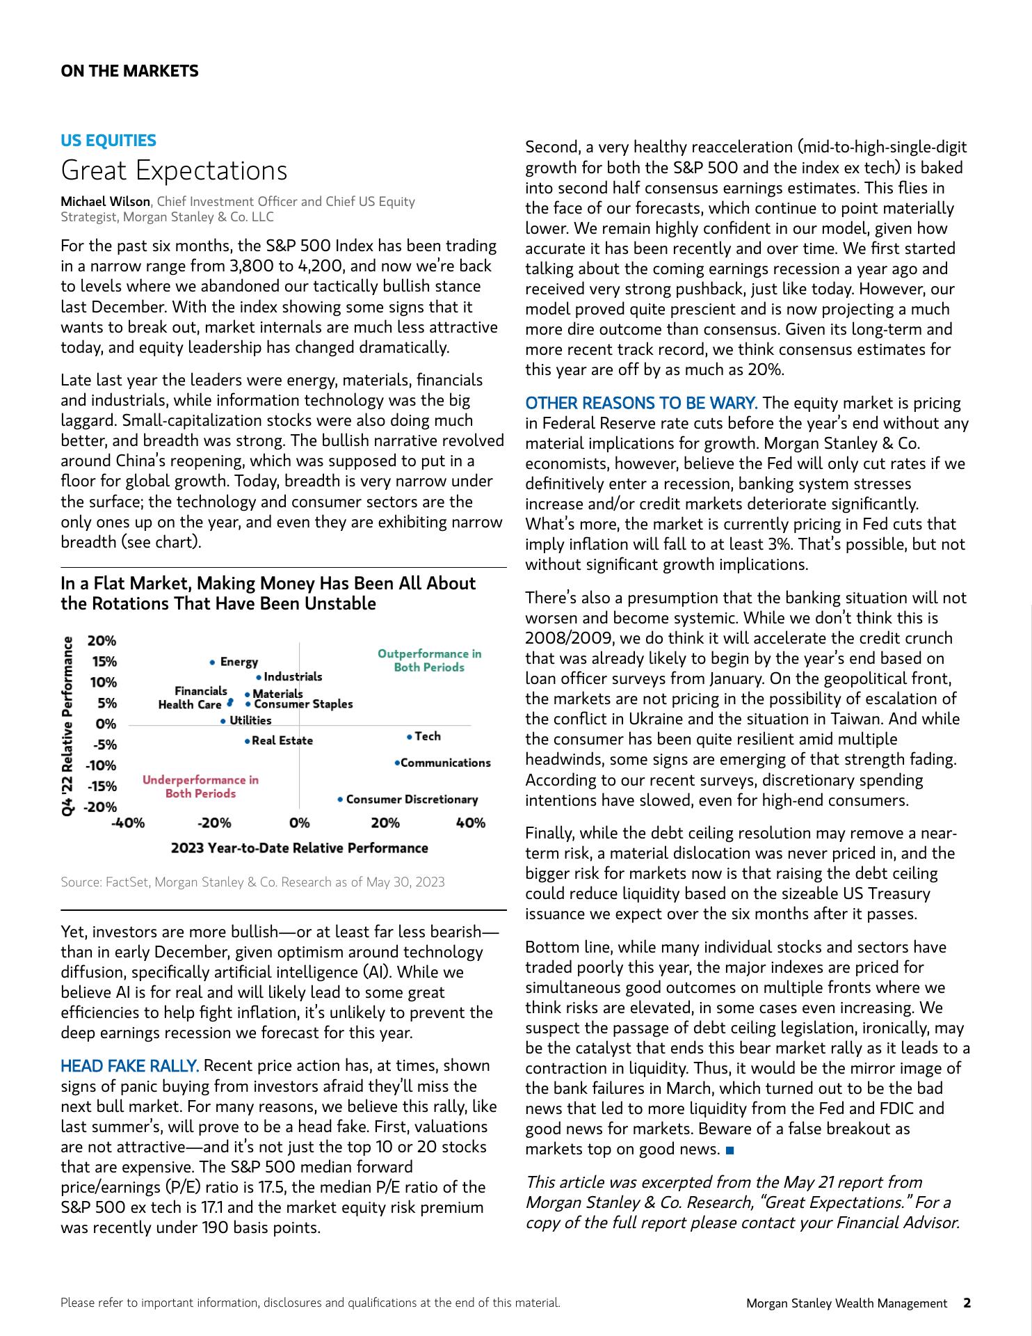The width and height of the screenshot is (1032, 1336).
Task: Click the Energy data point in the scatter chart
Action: click(x=212, y=662)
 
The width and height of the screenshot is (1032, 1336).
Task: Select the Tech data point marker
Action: click(x=410, y=736)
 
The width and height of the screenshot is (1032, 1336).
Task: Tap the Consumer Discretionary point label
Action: click(x=412, y=800)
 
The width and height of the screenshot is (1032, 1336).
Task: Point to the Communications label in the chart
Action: click(x=446, y=763)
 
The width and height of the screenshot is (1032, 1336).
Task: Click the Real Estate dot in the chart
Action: click(x=248, y=741)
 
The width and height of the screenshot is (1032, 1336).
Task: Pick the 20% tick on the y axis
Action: click(x=102, y=641)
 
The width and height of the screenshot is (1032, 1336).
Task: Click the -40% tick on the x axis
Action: click(x=128, y=824)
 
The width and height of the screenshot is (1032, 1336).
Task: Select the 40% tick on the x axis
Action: click(x=470, y=824)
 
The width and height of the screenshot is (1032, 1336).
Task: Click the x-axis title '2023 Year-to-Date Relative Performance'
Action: click(x=299, y=848)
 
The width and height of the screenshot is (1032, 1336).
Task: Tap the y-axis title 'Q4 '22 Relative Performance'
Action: click(x=67, y=726)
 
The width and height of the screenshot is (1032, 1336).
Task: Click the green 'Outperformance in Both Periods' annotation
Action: click(x=429, y=660)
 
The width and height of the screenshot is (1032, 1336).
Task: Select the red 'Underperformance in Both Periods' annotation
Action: click(x=200, y=787)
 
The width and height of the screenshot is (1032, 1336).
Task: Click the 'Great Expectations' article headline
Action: click(x=174, y=170)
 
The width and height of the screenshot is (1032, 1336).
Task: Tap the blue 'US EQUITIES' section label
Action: click(x=108, y=141)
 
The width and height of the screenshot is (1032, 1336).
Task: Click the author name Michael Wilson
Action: click(x=105, y=202)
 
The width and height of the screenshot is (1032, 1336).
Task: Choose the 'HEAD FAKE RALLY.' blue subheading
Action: click(x=129, y=1066)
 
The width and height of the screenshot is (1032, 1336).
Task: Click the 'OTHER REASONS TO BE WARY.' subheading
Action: click(x=640, y=404)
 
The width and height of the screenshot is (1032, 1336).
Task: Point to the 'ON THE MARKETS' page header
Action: click(x=129, y=71)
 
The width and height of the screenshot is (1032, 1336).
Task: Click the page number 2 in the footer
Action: click(x=967, y=1303)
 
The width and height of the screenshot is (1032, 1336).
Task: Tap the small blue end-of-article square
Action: click(x=729, y=1150)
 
